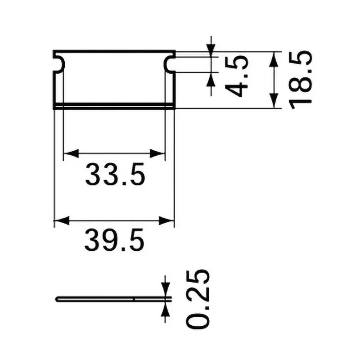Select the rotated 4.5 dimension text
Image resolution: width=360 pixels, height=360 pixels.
tap(237, 76)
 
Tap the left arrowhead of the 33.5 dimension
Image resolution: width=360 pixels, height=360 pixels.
tap(70, 154)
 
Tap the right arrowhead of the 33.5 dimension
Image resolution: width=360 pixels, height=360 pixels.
tap(158, 154)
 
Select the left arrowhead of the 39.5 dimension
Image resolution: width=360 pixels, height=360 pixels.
tap(60, 221)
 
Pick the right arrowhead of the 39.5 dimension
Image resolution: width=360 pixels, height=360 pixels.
tap(167, 221)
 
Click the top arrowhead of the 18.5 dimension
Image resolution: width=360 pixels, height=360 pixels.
tap(274, 58)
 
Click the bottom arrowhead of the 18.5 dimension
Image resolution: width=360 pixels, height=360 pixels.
tap(274, 102)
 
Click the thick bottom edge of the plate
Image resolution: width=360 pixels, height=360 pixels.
tap(114, 106)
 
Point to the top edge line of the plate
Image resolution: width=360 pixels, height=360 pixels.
tap(114, 51)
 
